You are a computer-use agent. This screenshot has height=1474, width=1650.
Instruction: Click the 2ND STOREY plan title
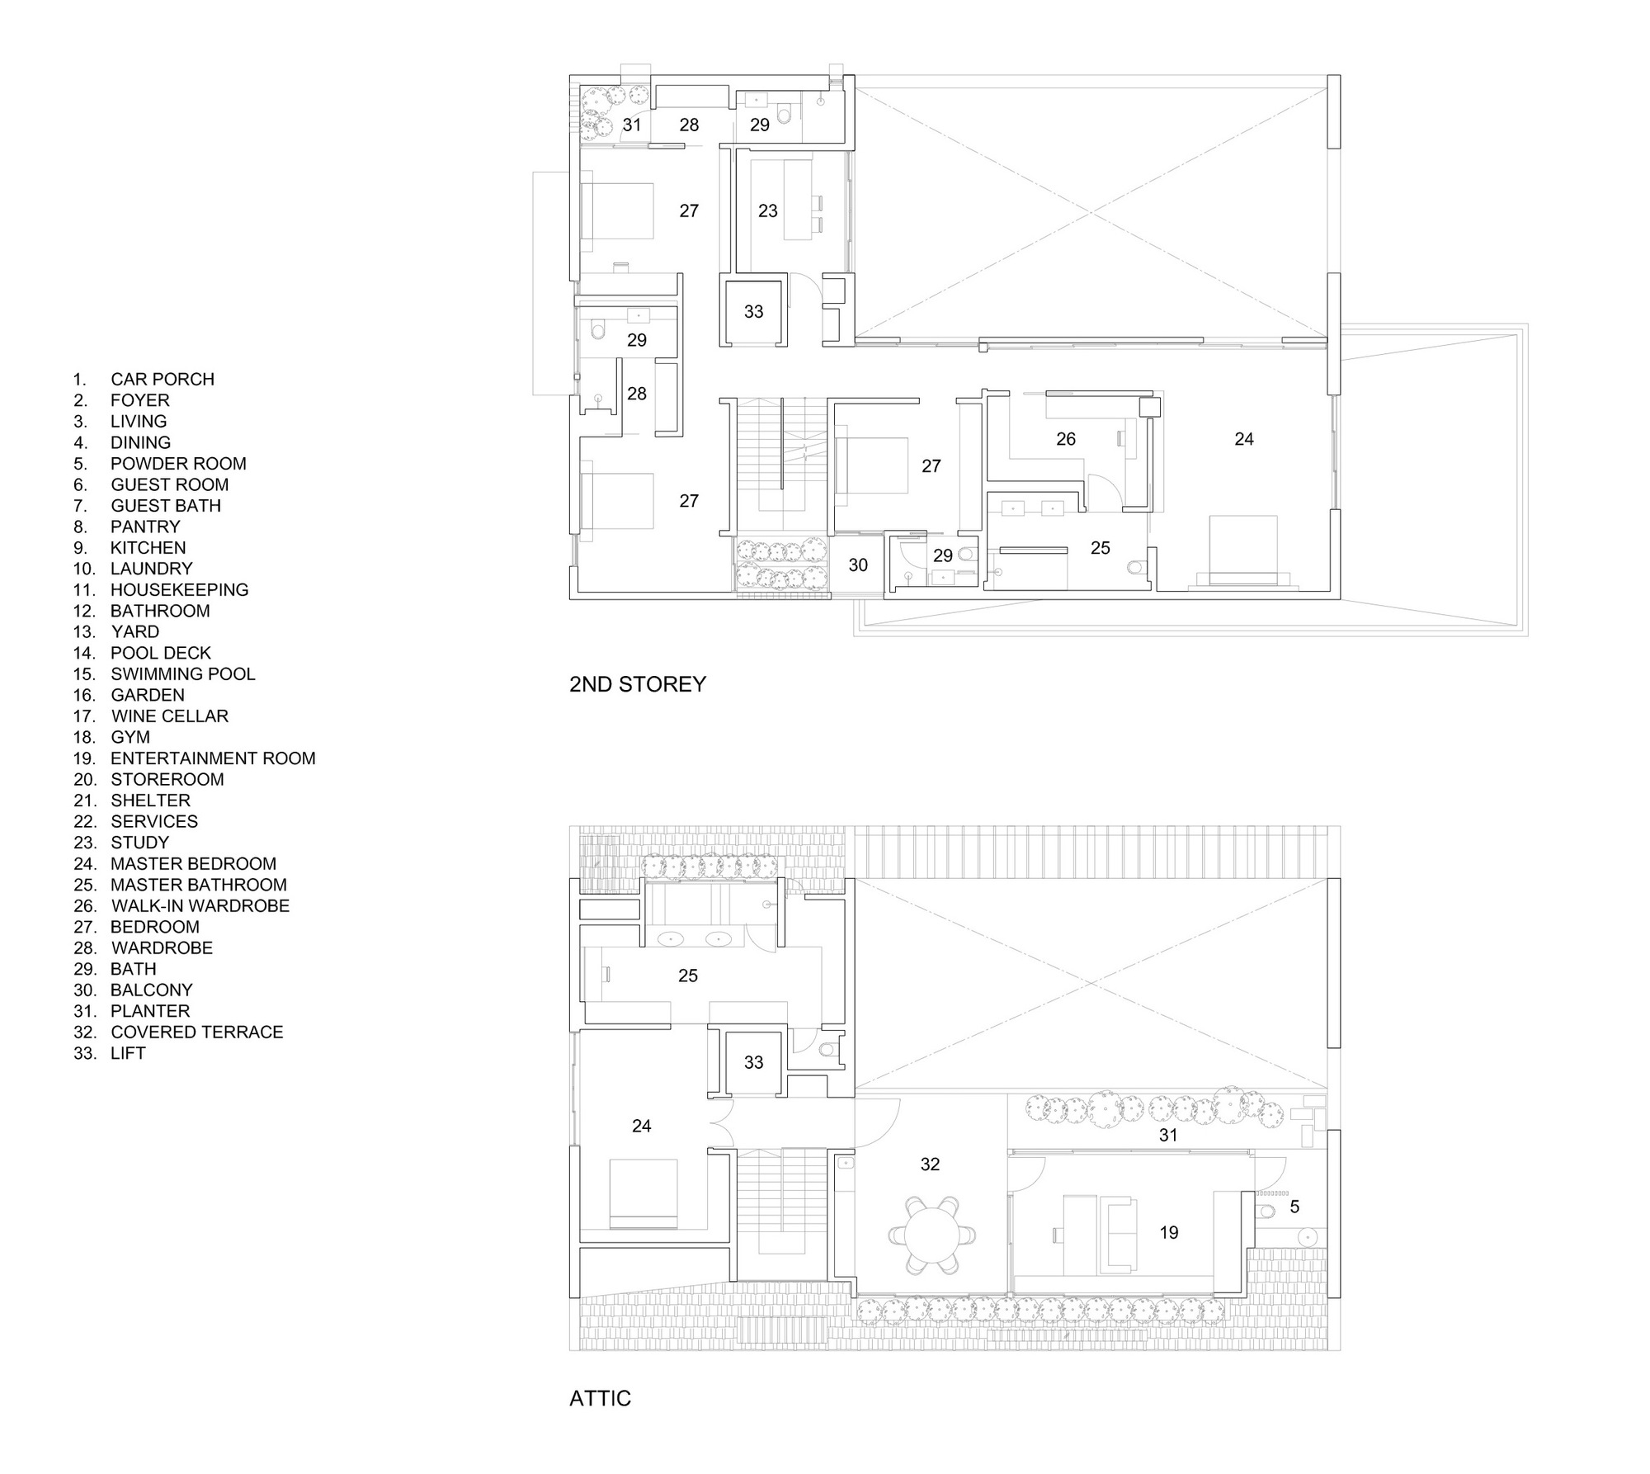pyautogui.click(x=638, y=684)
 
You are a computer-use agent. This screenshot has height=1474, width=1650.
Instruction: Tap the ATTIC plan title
pyautogui.click(x=600, y=1399)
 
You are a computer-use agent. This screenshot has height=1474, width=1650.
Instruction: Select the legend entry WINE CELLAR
pyautogui.click(x=151, y=716)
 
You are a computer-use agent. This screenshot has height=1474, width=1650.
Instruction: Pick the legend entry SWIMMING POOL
pyautogui.click(x=164, y=674)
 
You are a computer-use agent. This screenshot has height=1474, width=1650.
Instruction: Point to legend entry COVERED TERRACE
pyautogui.click(x=178, y=1032)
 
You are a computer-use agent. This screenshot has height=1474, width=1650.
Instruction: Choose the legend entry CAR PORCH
pyautogui.click(x=144, y=380)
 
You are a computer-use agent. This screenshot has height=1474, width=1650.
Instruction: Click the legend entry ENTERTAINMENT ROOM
pyautogui.click(x=195, y=758)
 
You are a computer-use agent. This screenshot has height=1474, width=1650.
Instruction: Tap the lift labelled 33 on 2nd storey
pyautogui.click(x=754, y=312)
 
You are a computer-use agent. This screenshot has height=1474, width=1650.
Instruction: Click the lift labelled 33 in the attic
pyautogui.click(x=754, y=1063)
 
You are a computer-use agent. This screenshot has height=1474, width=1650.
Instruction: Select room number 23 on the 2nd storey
pyautogui.click(x=768, y=211)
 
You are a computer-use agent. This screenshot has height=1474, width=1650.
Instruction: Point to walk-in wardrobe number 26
pyautogui.click(x=1066, y=439)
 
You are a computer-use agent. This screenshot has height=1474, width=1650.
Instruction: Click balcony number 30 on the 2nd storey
pyautogui.click(x=858, y=565)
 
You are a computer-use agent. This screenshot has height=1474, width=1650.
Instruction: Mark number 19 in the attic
pyautogui.click(x=1169, y=1233)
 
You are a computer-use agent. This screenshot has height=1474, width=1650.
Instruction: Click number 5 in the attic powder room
pyautogui.click(x=1294, y=1207)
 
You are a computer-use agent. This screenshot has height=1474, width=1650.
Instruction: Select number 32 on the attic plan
pyautogui.click(x=930, y=1165)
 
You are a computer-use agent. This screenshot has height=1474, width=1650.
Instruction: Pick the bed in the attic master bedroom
pyautogui.click(x=643, y=1194)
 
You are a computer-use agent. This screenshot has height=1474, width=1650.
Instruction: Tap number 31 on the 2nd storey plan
pyautogui.click(x=632, y=125)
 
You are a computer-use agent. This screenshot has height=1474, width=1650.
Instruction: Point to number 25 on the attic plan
pyautogui.click(x=688, y=976)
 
